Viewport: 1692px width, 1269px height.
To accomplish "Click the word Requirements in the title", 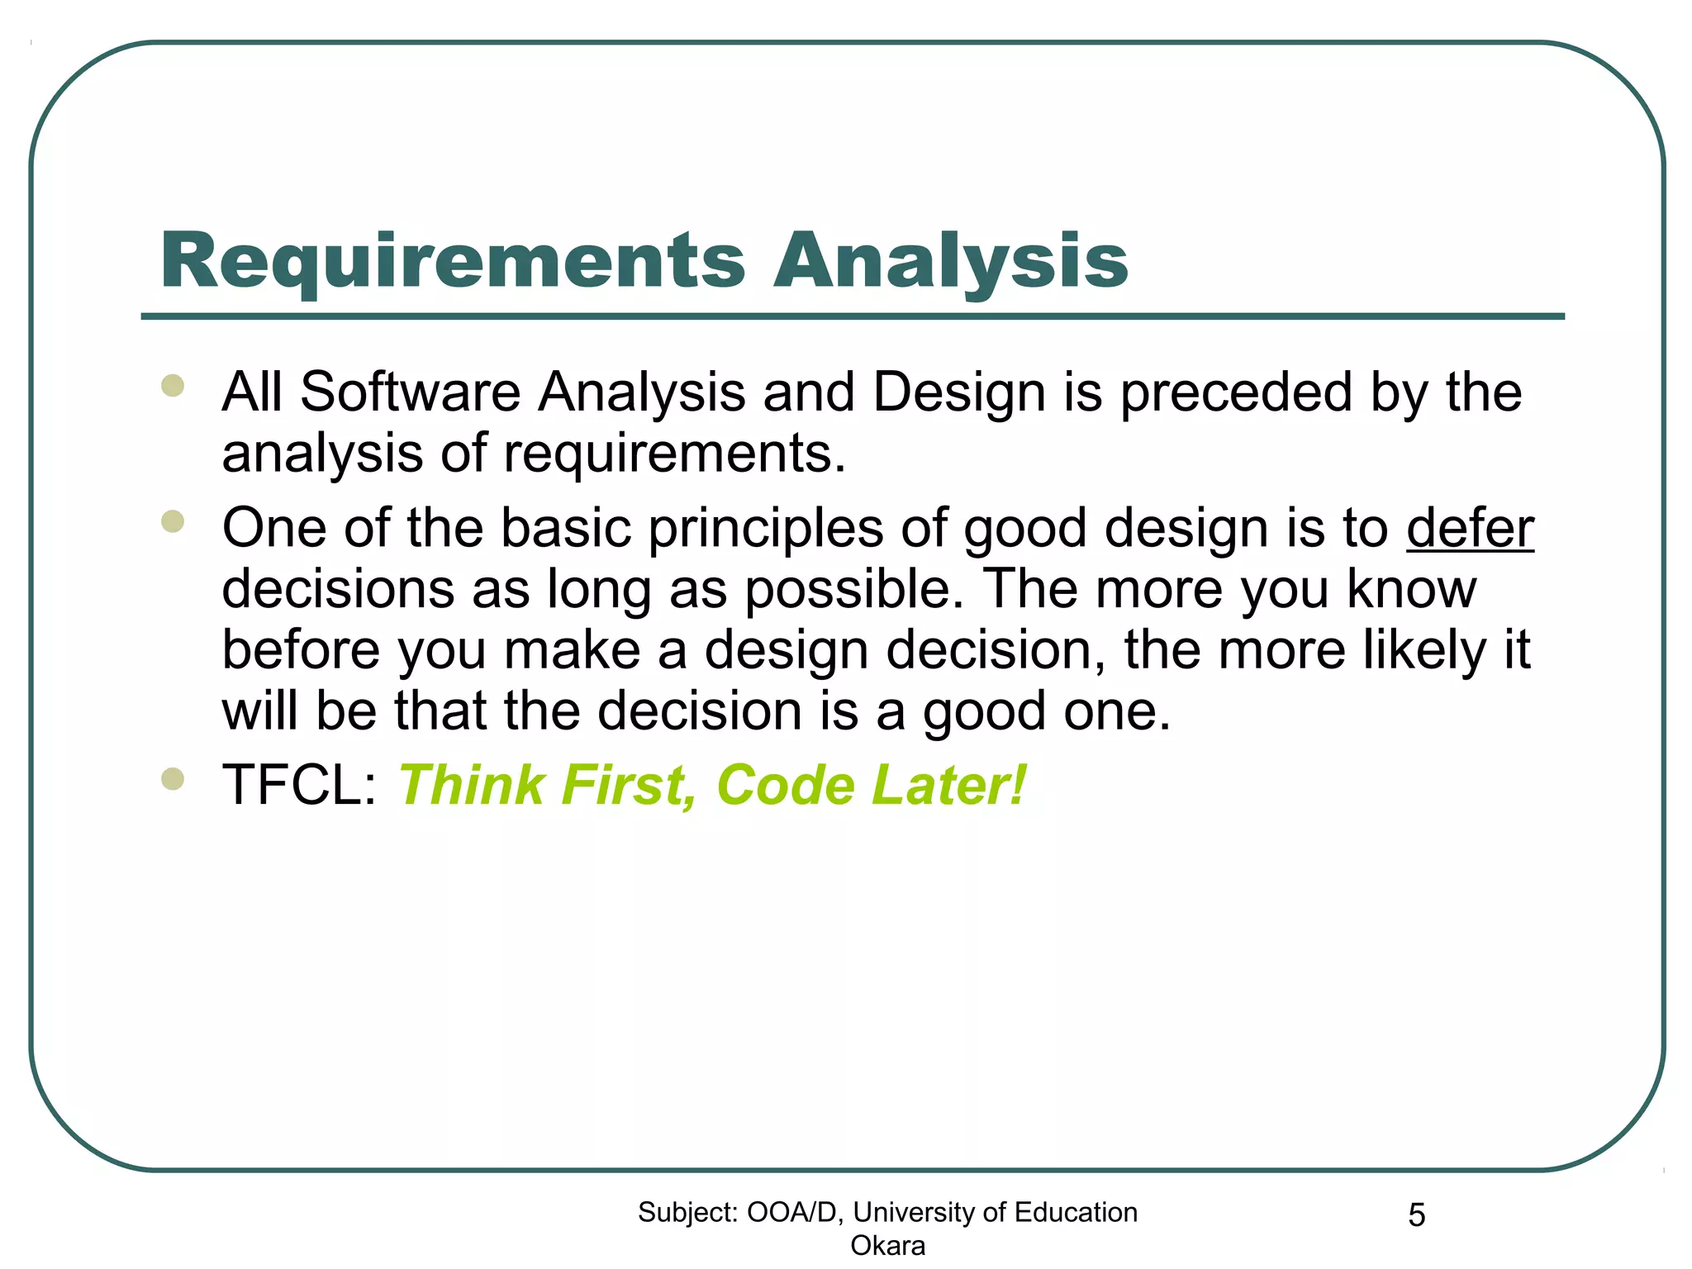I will (x=453, y=261).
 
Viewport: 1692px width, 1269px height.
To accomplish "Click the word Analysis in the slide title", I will (x=950, y=261).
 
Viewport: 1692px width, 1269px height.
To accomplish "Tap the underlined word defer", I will (x=1470, y=529).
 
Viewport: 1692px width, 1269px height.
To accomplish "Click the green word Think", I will (x=472, y=785).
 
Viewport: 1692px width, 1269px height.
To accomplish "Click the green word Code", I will (x=786, y=785).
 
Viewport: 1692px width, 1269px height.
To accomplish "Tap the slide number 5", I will (x=1416, y=1215).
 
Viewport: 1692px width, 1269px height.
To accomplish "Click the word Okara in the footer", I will (x=887, y=1245).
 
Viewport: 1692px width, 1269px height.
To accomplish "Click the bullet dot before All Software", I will (x=173, y=386).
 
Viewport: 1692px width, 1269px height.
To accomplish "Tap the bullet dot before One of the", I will (x=173, y=521).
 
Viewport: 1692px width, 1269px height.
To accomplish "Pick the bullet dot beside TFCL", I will (x=173, y=779).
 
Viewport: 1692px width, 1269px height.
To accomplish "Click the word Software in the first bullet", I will (x=410, y=392).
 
